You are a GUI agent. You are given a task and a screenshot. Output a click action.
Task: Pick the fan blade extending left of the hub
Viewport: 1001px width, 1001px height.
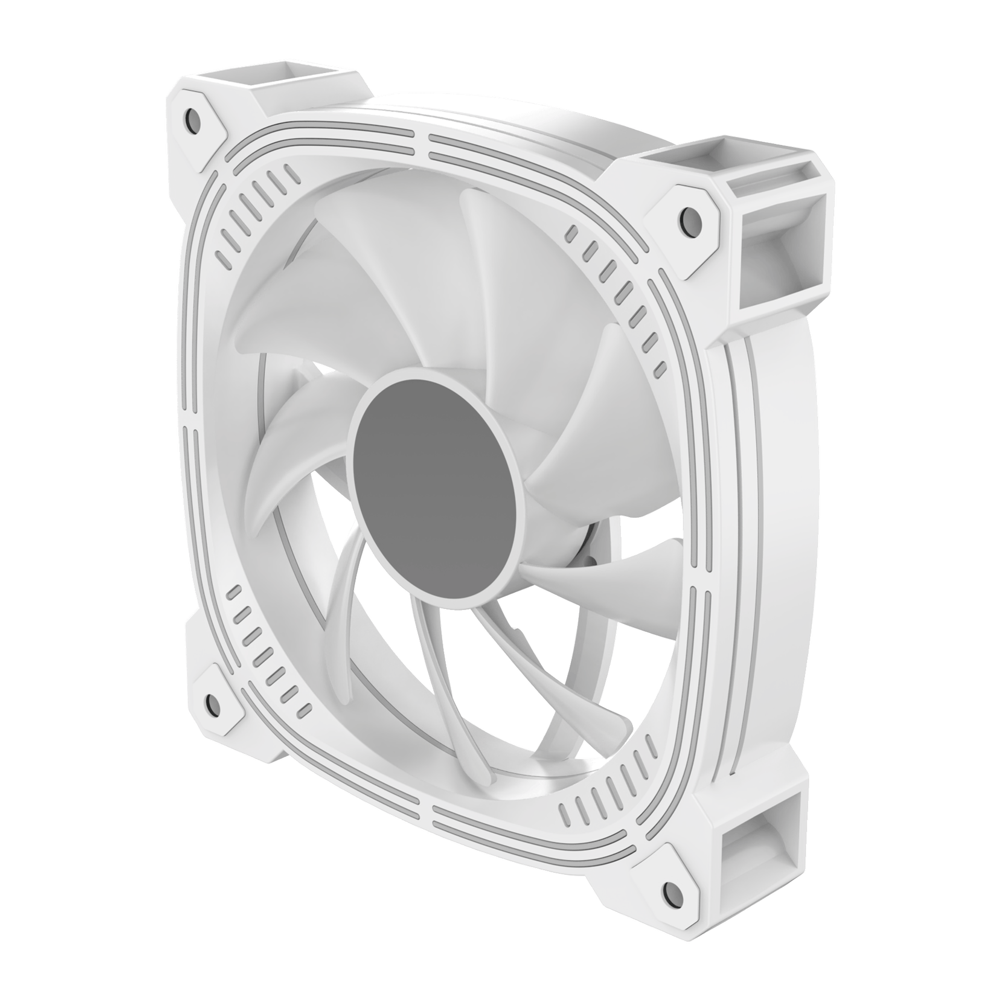point(292,459)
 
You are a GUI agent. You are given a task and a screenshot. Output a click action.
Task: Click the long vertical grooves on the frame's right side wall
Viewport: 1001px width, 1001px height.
point(740,521)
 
